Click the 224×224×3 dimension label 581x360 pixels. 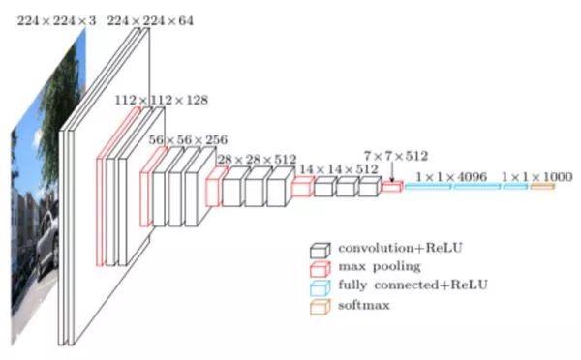57,20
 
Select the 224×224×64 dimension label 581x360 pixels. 150,20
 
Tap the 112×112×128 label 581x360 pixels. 161,100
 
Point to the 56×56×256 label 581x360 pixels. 188,140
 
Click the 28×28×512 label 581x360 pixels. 257,160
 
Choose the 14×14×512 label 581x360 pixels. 339,169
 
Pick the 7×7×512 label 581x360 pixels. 396,156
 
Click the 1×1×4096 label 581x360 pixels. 451,177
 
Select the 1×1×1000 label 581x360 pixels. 536,177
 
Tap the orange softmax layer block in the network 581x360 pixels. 542,186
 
